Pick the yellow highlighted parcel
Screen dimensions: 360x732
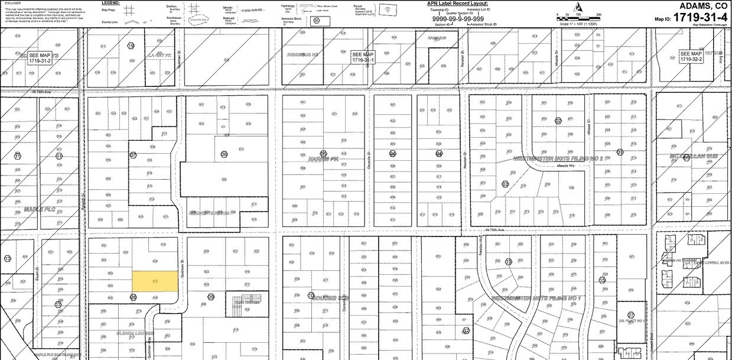pyautogui.click(x=154, y=281)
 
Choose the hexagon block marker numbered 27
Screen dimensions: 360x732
pyautogui.click(x=631, y=315)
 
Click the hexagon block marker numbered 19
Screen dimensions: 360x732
pyautogui.click(x=131, y=46)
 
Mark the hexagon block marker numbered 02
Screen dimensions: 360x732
pyautogui.click(x=557, y=121)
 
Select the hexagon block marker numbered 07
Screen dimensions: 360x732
pyautogui.click(x=134, y=155)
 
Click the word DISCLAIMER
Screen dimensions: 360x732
pyautogui.click(x=13, y=2)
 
